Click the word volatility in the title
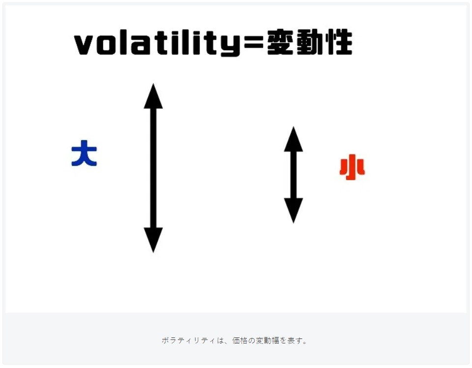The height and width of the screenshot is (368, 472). (157, 43)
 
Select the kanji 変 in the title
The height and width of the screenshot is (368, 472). (281, 42)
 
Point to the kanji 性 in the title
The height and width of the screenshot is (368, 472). (339, 42)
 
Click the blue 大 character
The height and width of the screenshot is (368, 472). (84, 153)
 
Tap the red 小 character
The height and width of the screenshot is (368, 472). (352, 167)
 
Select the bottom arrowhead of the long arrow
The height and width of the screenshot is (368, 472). (153, 240)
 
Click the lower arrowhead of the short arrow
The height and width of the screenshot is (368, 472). (294, 211)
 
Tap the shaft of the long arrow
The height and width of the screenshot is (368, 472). (153, 168)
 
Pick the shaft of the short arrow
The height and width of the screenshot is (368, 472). (294, 175)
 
